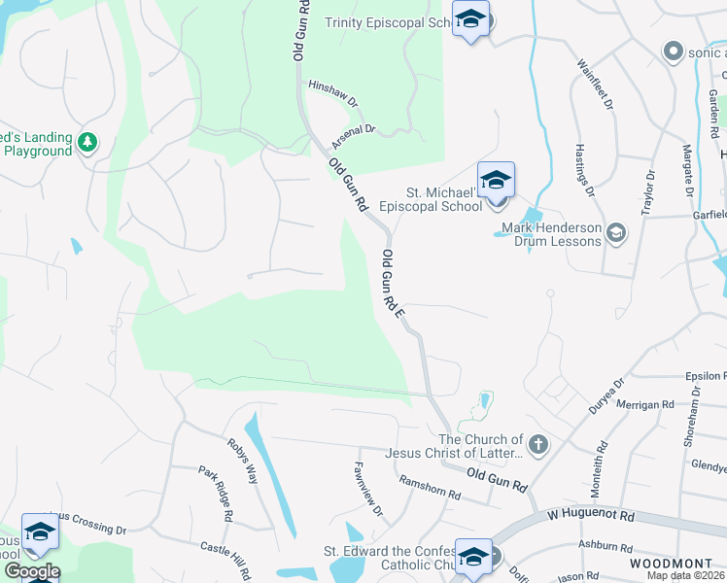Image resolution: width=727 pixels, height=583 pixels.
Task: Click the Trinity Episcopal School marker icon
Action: coord(471,20)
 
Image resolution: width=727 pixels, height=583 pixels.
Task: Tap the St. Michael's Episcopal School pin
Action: coord(496,182)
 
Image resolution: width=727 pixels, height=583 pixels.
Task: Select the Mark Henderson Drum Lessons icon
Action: coord(615,233)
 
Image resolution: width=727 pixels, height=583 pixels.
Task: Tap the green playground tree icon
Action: coord(87,143)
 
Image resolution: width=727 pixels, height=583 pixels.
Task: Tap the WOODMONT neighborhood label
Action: coord(665,564)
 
